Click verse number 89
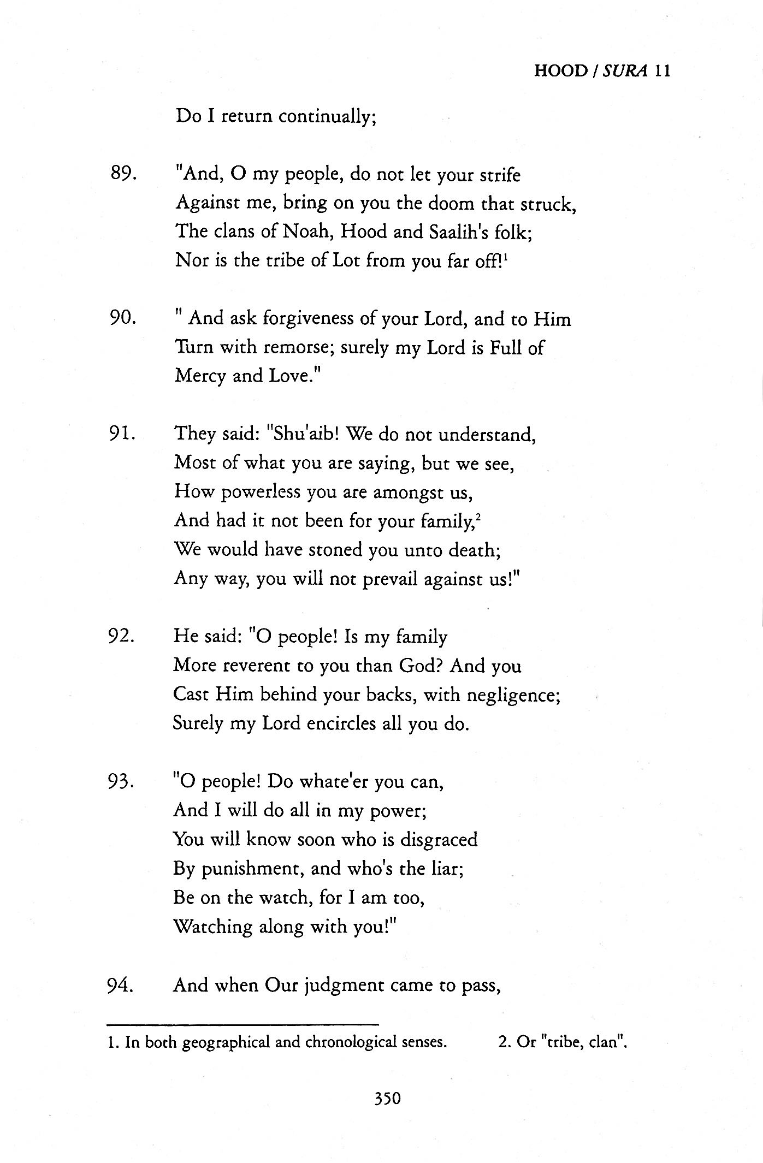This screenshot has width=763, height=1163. pos(122,175)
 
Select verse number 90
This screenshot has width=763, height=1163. pos(122,318)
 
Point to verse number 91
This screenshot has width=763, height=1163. pos(122,434)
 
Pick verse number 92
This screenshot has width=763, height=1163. pos(122,637)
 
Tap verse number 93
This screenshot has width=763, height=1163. pos(122,782)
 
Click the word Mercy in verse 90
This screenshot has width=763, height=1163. pos(199,376)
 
